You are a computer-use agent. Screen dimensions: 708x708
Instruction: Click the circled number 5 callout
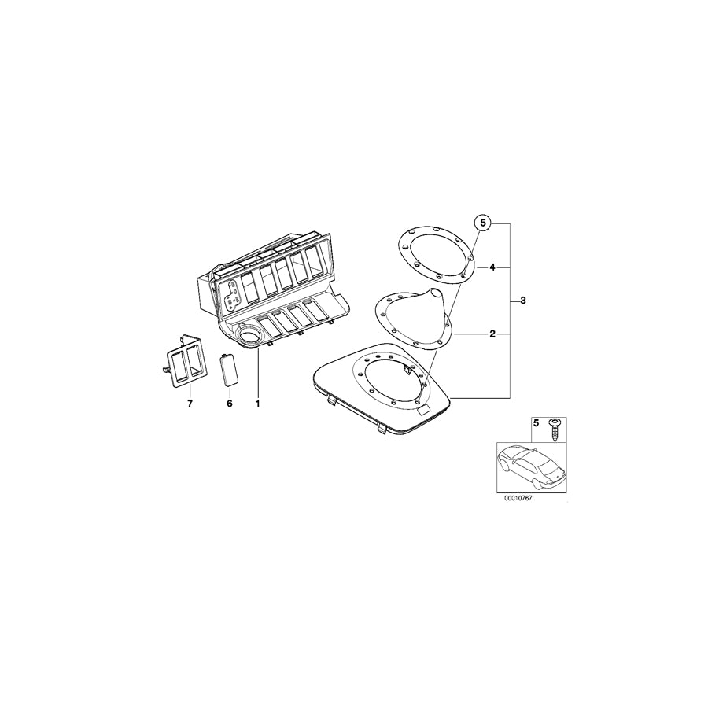click(x=483, y=223)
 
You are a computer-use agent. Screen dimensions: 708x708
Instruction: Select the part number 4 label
click(x=492, y=267)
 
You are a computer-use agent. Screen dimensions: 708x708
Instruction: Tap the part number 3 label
click(x=523, y=301)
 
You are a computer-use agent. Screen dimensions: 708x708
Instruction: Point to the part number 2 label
click(x=492, y=334)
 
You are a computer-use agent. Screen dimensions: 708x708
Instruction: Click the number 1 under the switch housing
click(x=257, y=404)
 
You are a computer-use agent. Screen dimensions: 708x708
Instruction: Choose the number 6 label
click(x=230, y=404)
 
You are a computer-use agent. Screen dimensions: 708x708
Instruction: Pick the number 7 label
click(x=190, y=404)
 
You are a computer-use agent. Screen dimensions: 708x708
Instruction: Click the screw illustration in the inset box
click(x=554, y=430)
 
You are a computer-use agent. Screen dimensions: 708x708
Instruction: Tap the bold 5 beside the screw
click(x=536, y=423)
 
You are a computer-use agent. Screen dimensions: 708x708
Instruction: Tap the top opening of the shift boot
click(x=436, y=291)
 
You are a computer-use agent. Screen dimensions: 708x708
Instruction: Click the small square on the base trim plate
click(x=424, y=410)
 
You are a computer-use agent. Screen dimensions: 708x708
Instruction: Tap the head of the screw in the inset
click(x=554, y=422)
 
